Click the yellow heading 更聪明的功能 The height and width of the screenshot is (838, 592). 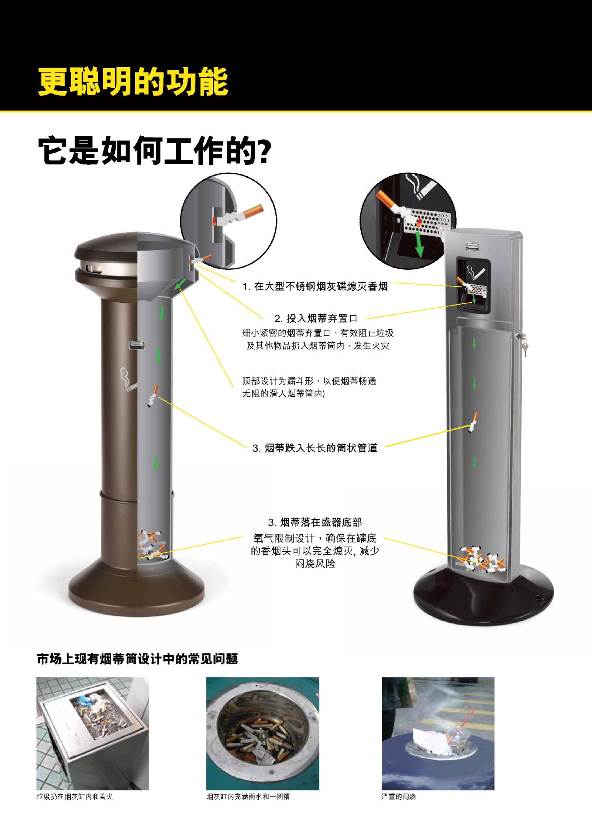click(x=133, y=82)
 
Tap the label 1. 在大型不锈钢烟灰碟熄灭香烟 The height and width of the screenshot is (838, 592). click(x=315, y=287)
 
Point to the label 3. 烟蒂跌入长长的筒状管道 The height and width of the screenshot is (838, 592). click(x=315, y=448)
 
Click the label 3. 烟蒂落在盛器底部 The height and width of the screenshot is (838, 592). click(x=315, y=522)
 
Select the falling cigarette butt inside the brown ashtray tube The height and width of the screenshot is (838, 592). click(x=152, y=396)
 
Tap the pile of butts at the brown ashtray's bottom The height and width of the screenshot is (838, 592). click(x=151, y=546)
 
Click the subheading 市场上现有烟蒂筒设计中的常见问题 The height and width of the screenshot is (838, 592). click(x=137, y=659)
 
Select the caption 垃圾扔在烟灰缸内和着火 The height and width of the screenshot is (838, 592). click(x=75, y=797)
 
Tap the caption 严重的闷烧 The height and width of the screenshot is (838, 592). click(x=398, y=797)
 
